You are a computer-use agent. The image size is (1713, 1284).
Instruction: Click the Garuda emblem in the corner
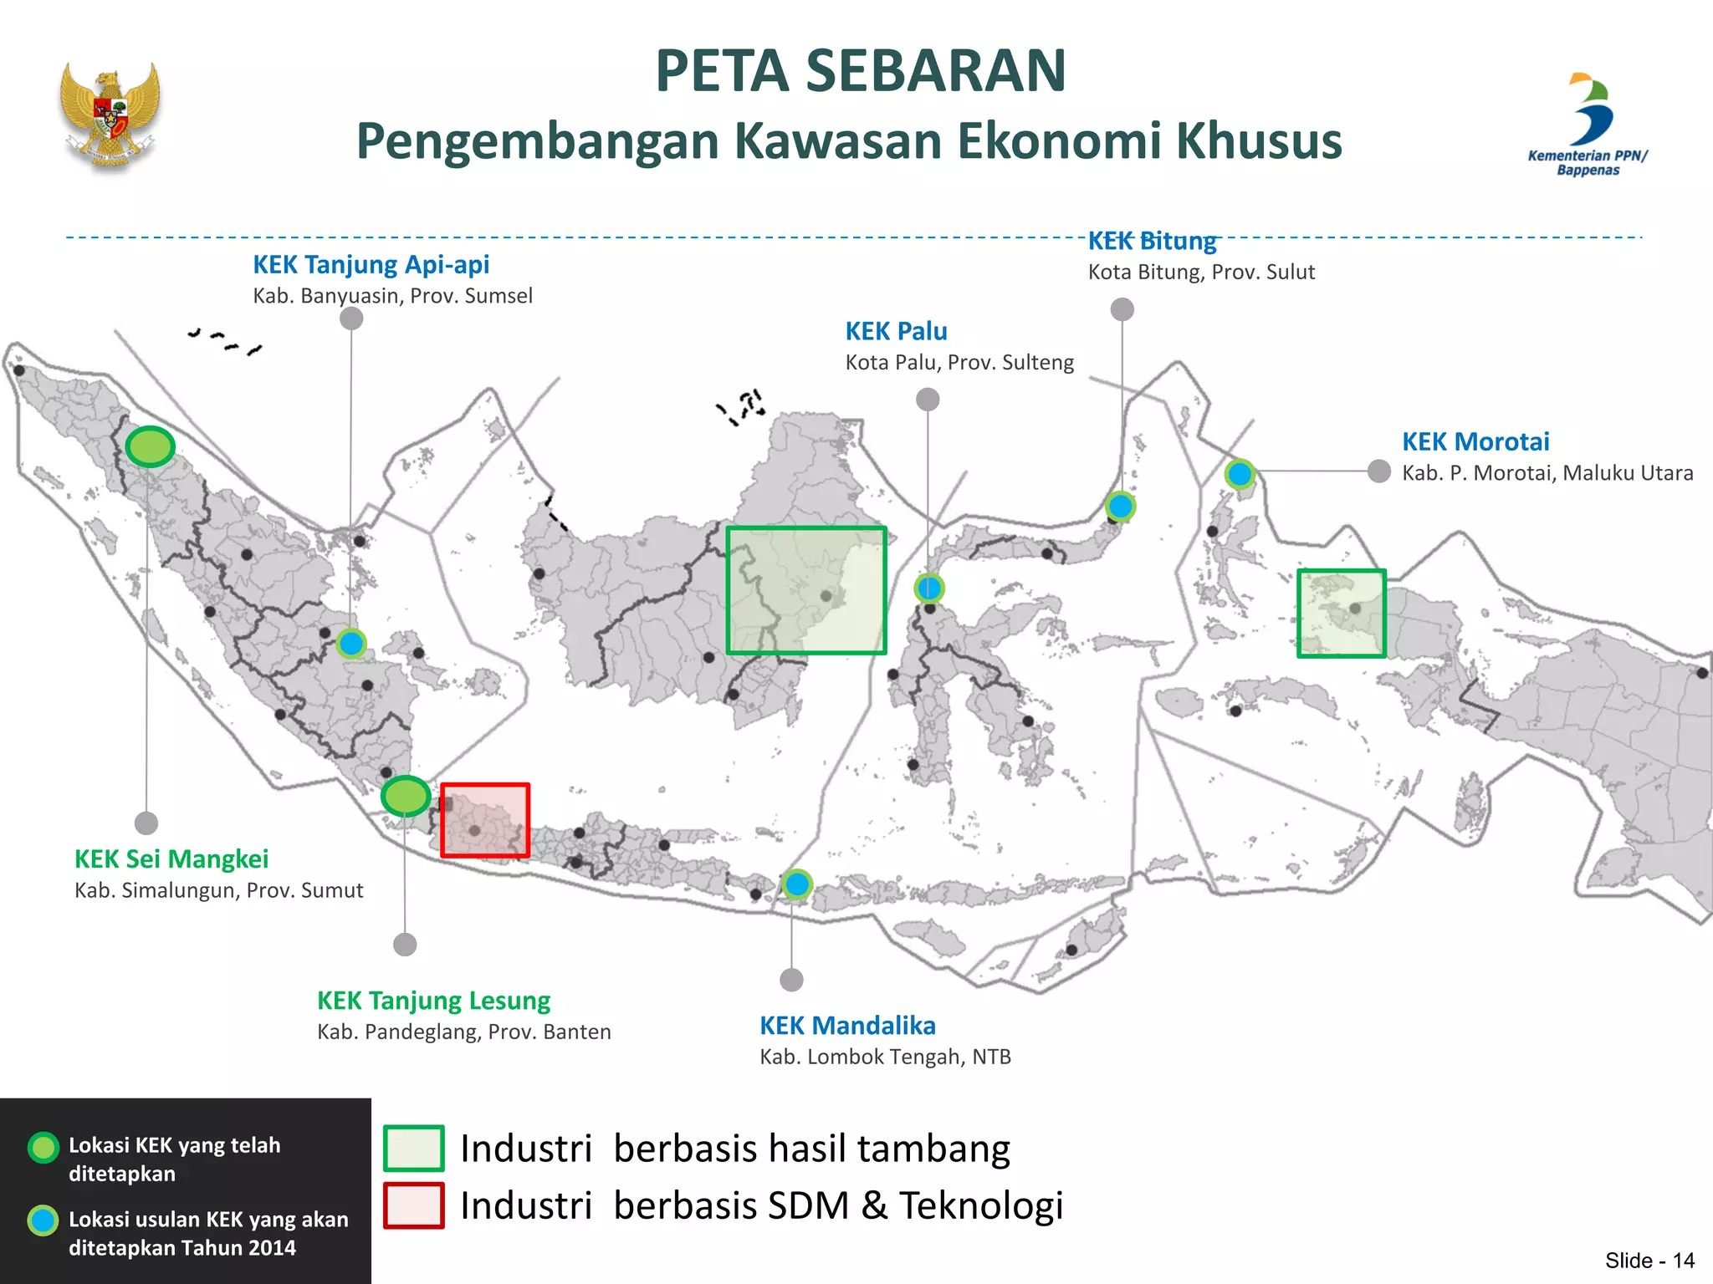110,115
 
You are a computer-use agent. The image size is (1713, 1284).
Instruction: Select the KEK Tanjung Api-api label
371,265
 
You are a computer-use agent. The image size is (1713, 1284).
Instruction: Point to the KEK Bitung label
1152,242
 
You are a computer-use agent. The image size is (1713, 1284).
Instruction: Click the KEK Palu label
896,332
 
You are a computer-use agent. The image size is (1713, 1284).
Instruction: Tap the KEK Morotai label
1475,442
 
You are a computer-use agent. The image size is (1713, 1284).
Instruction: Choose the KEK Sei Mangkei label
171,859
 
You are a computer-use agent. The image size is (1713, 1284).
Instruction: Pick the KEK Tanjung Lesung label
433,1001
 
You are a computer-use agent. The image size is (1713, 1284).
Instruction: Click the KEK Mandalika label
847,1026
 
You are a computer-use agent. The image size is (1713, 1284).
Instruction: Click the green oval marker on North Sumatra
151,446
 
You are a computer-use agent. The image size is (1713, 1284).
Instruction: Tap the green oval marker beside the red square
406,795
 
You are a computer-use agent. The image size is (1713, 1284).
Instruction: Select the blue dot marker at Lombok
797,884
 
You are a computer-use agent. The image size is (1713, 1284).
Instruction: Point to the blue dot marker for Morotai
1240,474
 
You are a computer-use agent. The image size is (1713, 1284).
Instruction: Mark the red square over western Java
485,820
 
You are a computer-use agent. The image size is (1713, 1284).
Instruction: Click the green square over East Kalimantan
806,590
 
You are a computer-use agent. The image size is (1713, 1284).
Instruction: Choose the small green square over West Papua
1342,614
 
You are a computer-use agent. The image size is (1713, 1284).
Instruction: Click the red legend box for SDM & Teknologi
414,1205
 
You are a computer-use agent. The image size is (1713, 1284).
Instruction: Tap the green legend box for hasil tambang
414,1149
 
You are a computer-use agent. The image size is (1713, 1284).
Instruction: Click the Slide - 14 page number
1649,1261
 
